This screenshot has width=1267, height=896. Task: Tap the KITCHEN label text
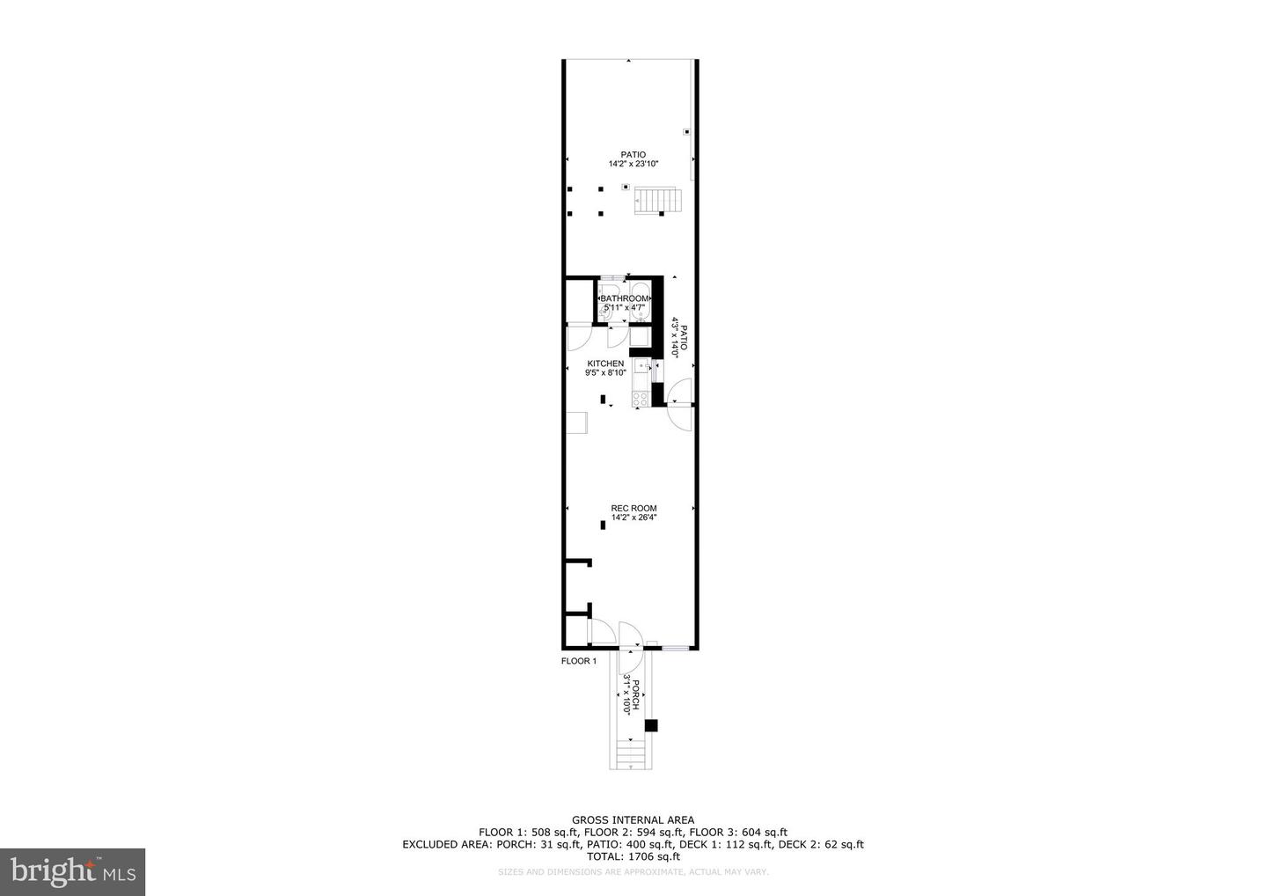point(605,364)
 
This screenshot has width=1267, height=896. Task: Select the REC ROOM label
point(633,508)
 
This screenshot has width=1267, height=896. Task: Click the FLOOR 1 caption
point(579,661)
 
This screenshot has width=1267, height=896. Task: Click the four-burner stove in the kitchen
point(640,399)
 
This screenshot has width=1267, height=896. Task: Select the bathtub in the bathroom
point(641,303)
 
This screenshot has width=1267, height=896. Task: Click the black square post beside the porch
point(651,725)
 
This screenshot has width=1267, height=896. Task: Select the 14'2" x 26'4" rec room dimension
point(633,518)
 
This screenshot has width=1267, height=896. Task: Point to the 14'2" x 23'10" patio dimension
point(633,164)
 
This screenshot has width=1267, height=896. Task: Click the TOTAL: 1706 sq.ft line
point(633,856)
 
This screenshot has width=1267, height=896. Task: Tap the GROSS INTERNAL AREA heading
point(633,820)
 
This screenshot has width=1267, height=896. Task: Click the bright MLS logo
point(72,872)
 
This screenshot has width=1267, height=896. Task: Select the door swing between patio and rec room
point(680,404)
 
